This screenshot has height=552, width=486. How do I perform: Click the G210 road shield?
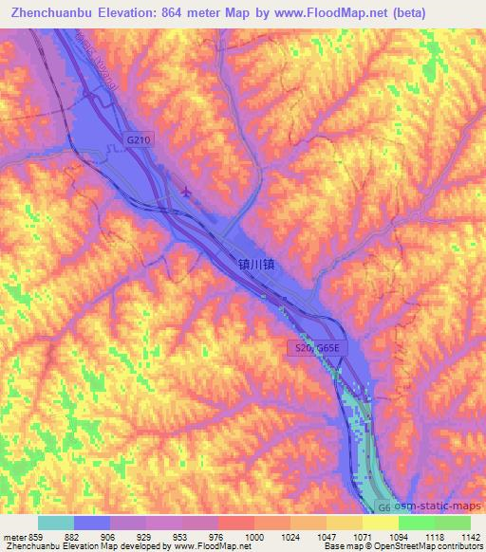tap(140, 139)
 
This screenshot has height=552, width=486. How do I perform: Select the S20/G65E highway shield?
tap(312, 349)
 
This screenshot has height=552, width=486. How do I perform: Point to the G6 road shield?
tap(382, 507)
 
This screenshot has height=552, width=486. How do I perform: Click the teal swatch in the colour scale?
tap(56, 523)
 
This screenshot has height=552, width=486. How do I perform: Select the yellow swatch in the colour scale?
tap(380, 523)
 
